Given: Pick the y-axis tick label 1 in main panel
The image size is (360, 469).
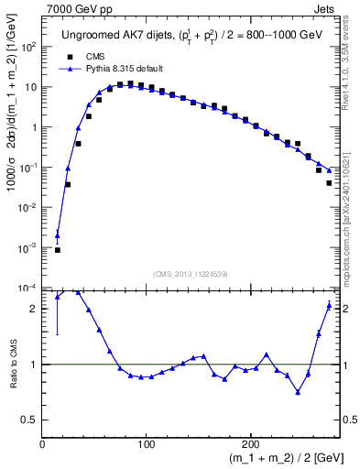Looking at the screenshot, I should pyautogui.click(x=33, y=127).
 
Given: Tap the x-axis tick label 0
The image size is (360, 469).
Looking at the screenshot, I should pyautogui.click(x=42, y=443).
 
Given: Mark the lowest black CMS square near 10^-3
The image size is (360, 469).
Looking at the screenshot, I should pyautogui.click(x=58, y=249).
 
